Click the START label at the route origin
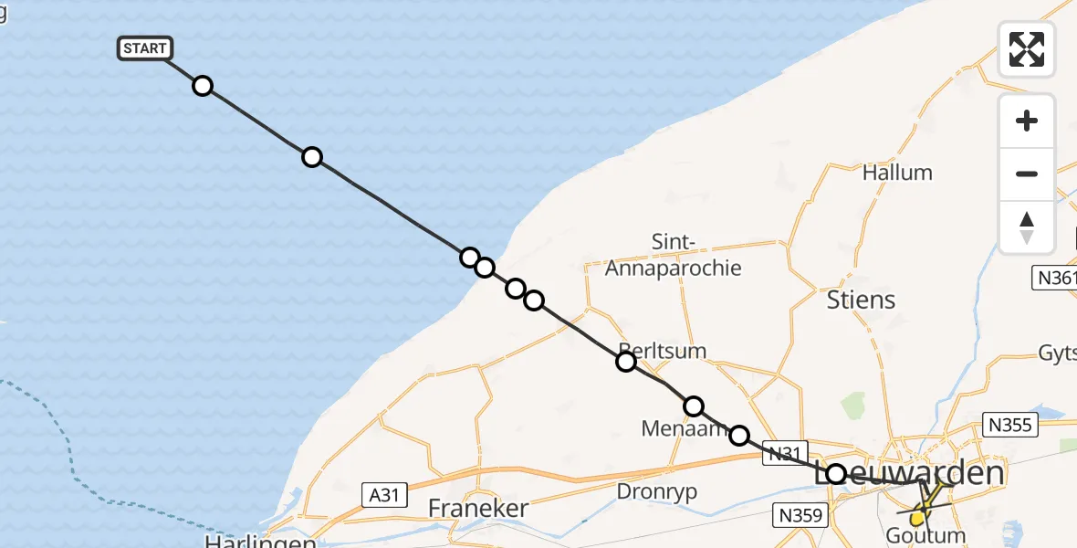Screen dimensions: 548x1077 click(x=144, y=48)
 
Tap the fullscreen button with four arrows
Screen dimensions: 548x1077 click(x=1027, y=48)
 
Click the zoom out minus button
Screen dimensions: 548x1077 click(x=1027, y=174)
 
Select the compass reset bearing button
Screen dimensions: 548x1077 click(x=1027, y=227)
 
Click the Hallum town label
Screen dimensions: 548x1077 click(x=897, y=172)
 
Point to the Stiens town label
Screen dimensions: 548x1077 click(x=861, y=300)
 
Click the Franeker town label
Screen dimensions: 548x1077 click(x=478, y=508)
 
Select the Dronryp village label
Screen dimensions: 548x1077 click(x=657, y=491)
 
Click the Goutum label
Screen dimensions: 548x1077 click(x=925, y=536)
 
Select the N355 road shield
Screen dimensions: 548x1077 click(x=1008, y=424)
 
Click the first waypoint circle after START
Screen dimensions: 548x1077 click(x=203, y=86)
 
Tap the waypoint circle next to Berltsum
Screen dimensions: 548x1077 click(x=626, y=362)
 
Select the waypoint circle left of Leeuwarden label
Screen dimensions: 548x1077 click(x=836, y=473)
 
